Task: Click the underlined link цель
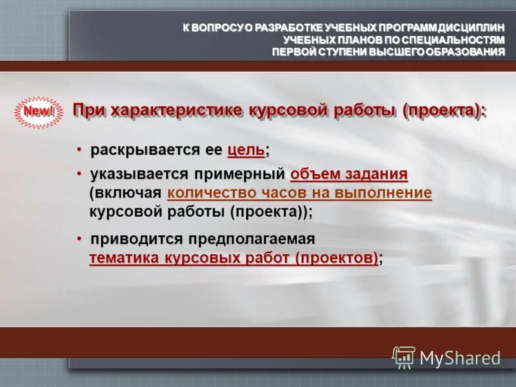246,150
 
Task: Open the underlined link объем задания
349,174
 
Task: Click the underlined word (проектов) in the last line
338,258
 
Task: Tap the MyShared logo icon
404,357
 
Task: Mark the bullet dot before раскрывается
79,150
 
